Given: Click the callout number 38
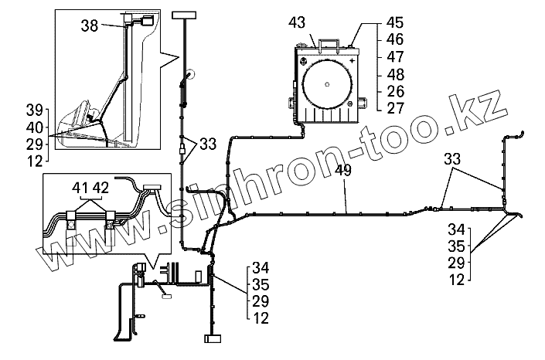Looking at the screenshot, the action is [90, 25].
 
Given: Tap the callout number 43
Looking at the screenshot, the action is [297, 22].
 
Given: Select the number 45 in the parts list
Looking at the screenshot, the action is [395, 22].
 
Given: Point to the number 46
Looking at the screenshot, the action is [395, 39].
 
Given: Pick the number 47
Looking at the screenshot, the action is [395, 56].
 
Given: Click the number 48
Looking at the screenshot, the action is [396, 74].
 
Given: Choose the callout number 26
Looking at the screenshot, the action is [396, 91].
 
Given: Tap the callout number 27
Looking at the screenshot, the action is [396, 108].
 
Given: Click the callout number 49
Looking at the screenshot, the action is [343, 170].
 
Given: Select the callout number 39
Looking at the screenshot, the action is [35, 110].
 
